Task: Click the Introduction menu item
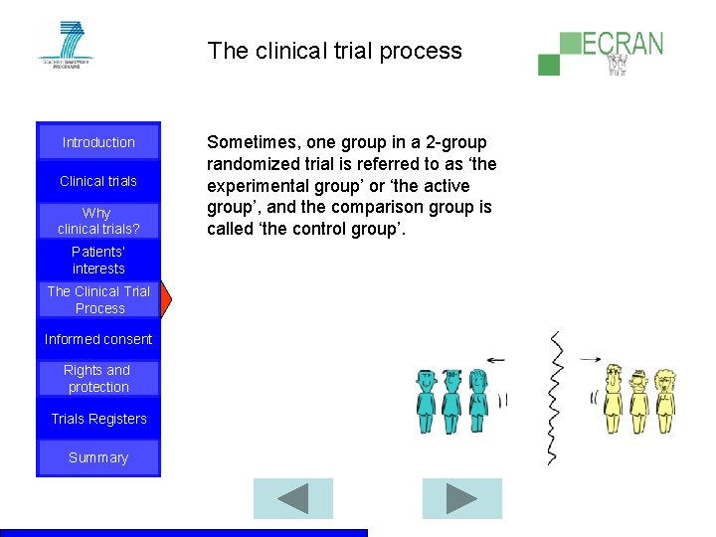pos(98,142)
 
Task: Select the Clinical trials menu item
pos(98,181)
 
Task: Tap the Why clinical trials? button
pos(98,221)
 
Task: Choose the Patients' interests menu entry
pos(98,261)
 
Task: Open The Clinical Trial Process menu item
pos(98,299)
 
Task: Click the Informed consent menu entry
pos(98,339)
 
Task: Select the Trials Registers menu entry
pos(98,419)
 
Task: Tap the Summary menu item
pos(98,457)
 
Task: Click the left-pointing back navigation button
pos(293,498)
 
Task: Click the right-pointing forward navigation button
pos(461,498)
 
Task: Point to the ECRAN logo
pos(601,53)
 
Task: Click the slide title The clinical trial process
pos(334,51)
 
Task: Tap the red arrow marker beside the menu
pos(166,299)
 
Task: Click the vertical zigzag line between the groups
pos(554,398)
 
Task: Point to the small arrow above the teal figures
pos(494,360)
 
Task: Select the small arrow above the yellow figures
pos(591,359)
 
